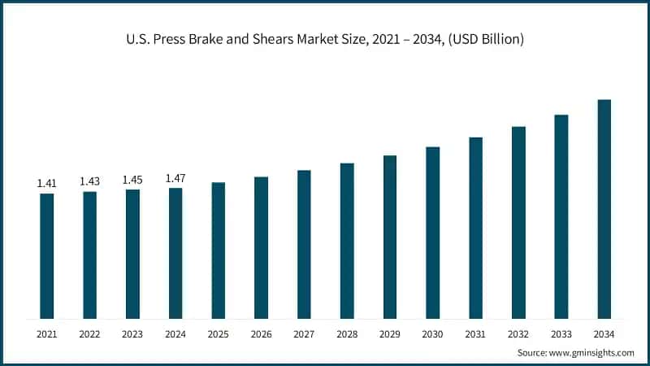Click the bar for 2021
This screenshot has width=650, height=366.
[47, 256]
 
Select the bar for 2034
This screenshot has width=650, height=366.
[604, 209]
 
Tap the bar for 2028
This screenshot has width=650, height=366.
[347, 241]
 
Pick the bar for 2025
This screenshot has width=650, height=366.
[219, 251]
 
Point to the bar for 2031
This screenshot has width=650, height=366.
[476, 229]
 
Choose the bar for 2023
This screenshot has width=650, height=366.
[132, 255]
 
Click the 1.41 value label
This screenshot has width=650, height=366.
[47, 184]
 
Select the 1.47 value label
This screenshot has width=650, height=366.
[175, 178]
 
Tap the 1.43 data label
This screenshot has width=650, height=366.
[90, 181]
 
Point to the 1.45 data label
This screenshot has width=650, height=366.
[132, 180]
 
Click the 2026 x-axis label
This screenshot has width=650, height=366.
[261, 334]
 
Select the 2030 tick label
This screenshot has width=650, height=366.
[432, 334]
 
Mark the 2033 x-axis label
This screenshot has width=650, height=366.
[561, 334]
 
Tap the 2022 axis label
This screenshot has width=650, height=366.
[89, 334]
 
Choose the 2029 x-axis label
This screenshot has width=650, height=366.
[390, 334]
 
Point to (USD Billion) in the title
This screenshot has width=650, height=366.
[486, 39]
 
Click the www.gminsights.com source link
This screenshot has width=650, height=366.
[591, 353]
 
